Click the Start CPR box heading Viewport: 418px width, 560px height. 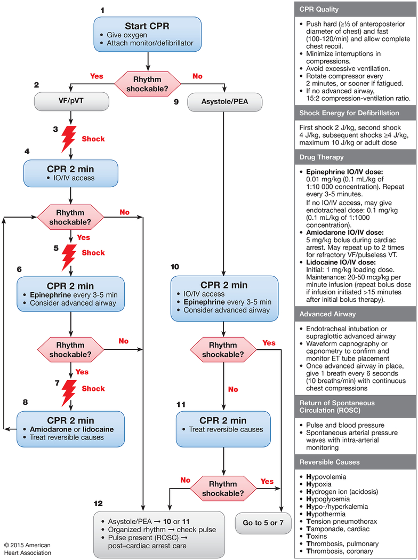point(147,26)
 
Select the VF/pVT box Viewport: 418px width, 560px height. point(71,101)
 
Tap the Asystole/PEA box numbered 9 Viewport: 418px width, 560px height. point(225,102)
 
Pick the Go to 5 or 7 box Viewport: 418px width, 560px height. point(263,523)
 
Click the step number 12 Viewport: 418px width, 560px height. point(98,503)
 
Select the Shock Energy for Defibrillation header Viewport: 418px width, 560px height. point(349,113)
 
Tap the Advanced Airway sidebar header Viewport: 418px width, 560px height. point(327,314)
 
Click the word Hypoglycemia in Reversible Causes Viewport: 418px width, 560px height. point(328,499)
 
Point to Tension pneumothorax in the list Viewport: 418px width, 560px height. point(341,522)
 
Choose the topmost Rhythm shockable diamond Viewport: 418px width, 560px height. point(147,84)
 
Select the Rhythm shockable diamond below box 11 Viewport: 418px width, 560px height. point(223,489)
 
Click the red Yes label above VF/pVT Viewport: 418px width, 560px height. point(97,76)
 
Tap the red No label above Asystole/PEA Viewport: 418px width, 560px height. point(197,76)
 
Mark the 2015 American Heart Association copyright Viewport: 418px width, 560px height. point(28,549)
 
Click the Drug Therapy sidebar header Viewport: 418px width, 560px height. point(321,157)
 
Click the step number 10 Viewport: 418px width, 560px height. point(175,267)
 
